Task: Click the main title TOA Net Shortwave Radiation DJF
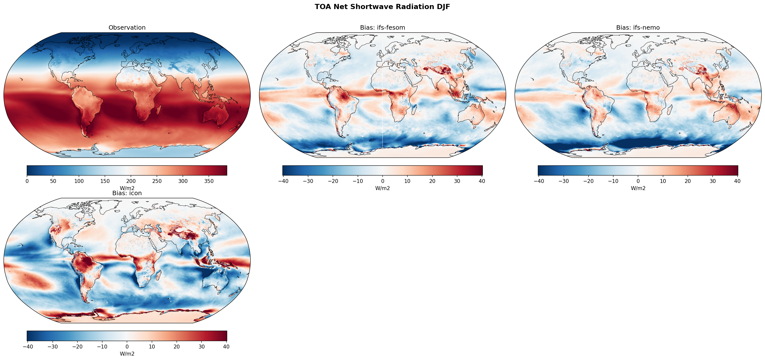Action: pyautogui.click(x=382, y=7)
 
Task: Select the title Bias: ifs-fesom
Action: pyautogui.click(x=382, y=28)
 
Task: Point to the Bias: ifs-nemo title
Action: pyautogui.click(x=638, y=28)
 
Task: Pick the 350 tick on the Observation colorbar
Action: pyautogui.click(x=209, y=181)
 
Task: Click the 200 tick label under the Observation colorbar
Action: pyautogui.click(x=131, y=181)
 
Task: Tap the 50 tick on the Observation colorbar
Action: pyautogui.click(x=53, y=181)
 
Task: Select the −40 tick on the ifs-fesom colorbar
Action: pyautogui.click(x=283, y=181)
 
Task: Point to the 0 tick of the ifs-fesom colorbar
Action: pyautogui.click(x=382, y=181)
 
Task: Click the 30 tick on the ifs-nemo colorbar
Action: pyautogui.click(x=713, y=181)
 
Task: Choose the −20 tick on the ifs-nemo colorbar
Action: pyautogui.click(x=588, y=181)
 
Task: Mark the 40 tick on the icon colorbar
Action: pyautogui.click(x=226, y=347)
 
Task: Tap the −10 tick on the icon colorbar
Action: pyautogui.click(x=102, y=347)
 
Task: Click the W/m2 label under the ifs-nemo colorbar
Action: pyautogui.click(x=638, y=188)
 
